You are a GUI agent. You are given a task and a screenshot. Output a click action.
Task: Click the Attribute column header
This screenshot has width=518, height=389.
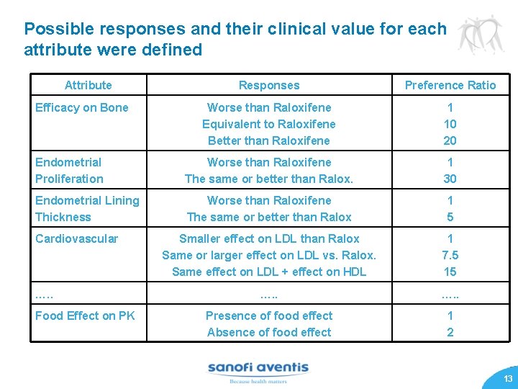88,85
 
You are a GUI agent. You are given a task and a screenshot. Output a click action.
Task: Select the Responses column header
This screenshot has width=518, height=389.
269,85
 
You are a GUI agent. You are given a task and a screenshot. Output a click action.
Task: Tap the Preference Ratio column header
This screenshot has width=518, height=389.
450,85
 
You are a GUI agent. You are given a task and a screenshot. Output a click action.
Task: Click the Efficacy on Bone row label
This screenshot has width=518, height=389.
82,107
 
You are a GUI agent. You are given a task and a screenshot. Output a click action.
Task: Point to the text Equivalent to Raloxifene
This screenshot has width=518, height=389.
269,124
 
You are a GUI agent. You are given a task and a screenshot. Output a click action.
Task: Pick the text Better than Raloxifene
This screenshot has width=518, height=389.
269,140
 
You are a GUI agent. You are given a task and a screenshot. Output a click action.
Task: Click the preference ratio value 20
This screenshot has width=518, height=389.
450,140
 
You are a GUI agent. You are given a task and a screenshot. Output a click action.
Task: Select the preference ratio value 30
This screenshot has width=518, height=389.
450,179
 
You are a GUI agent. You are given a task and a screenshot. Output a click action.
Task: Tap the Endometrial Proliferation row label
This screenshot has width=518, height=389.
69,171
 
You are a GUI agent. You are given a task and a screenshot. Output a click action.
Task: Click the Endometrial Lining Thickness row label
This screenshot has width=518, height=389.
87,209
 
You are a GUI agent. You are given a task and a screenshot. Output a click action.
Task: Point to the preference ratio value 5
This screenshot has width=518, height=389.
450,217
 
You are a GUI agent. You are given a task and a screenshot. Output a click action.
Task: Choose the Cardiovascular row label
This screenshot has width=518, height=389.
76,238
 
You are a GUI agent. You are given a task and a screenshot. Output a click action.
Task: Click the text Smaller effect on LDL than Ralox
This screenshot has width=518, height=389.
269,238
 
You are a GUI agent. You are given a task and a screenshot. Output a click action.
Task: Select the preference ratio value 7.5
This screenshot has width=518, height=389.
450,255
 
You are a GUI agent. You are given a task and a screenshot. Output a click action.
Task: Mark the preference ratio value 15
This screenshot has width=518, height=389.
450,272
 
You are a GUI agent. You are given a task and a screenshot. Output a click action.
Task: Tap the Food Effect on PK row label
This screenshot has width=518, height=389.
85,316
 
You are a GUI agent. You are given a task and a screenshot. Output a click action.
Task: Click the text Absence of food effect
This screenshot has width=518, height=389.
269,332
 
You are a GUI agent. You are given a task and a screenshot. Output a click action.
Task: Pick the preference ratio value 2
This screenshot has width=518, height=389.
450,332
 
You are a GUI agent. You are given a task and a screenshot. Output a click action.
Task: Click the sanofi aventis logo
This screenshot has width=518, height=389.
258,370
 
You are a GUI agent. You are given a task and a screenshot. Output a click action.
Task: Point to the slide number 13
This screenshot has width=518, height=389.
508,379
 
